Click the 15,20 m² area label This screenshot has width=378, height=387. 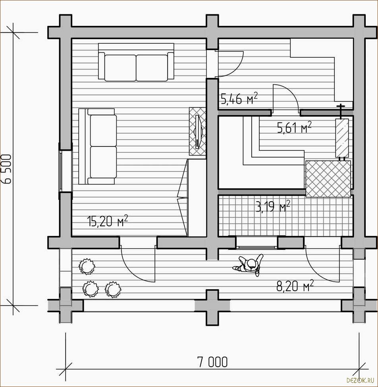coord(108,221)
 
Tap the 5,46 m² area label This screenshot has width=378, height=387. coord(239,99)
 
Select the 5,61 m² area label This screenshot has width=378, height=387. coord(294,127)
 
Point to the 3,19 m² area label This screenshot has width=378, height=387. coord(273,206)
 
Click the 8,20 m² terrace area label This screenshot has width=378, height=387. coord(295,286)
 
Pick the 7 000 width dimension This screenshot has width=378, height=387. coord(212,362)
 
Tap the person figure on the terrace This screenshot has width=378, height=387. coord(249,265)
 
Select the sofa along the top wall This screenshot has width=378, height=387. coord(136,62)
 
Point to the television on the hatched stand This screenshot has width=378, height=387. coord(198,131)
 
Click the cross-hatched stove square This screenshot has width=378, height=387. coord(328,179)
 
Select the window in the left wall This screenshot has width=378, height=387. coord(61,171)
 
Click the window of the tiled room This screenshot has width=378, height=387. coord(256,242)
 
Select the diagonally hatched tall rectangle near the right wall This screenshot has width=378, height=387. coord(342,138)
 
